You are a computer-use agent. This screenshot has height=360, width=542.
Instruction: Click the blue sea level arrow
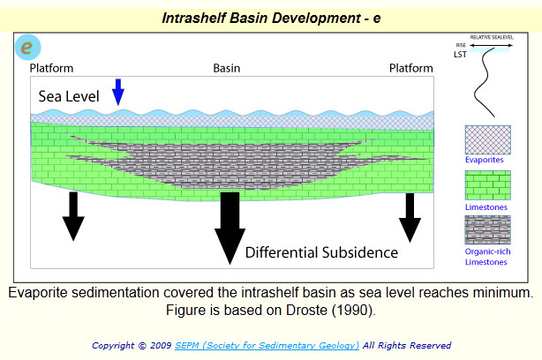tap(118, 92)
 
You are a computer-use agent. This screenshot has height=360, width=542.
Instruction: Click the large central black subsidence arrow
tap(230, 229)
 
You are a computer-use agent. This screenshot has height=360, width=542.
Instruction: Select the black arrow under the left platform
tap(73, 216)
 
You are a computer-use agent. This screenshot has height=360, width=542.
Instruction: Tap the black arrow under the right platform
tap(410, 218)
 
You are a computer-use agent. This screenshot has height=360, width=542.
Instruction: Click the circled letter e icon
tap(28, 48)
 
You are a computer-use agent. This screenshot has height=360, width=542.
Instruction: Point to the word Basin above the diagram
tap(226, 68)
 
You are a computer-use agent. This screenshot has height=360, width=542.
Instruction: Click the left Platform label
tap(51, 68)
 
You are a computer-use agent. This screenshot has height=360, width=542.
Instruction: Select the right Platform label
tap(411, 68)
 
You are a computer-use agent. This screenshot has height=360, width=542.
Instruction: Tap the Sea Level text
tap(69, 96)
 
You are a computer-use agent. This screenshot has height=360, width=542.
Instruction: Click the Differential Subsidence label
tap(321, 252)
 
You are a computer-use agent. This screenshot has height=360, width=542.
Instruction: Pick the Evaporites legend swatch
tap(488, 139)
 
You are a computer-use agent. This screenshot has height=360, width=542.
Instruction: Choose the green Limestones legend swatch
tap(488, 185)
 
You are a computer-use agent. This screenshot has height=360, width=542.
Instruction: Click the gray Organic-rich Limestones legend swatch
tap(488, 229)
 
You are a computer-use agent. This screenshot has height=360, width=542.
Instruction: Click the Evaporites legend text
tap(484, 160)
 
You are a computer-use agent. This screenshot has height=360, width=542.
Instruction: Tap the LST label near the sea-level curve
tap(460, 55)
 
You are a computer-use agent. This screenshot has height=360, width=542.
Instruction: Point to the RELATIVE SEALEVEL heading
tap(492, 37)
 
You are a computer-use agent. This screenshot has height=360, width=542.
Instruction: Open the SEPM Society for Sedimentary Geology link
tap(267, 346)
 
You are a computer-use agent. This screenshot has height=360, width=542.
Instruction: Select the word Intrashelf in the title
tap(193, 18)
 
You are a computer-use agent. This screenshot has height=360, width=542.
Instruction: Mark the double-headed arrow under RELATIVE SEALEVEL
tap(491, 45)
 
